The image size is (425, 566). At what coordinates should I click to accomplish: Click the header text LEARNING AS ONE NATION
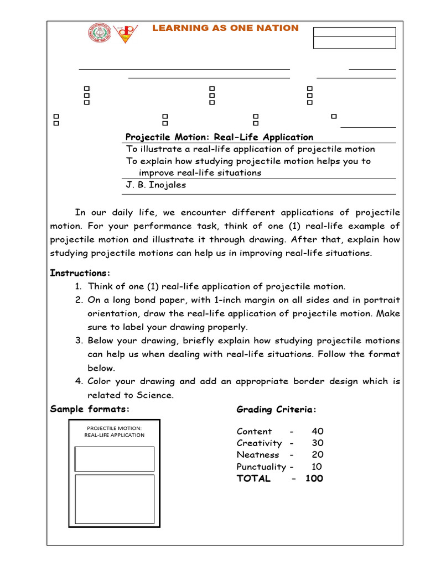[225, 28]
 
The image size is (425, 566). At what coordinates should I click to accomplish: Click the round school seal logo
[99, 33]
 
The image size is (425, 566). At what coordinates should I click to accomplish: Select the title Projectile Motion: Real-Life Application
[219, 137]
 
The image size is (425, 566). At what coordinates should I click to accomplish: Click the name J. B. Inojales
[156, 185]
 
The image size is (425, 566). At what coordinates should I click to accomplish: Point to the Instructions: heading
[80, 273]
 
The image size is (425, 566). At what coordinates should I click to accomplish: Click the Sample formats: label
[89, 409]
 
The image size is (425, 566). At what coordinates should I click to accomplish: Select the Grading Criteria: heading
[277, 410]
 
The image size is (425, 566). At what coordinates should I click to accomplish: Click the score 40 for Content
[317, 431]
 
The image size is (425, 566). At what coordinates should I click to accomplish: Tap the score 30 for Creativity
[317, 443]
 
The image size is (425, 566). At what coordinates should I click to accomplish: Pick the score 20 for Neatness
[317, 454]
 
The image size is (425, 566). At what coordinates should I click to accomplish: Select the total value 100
[314, 479]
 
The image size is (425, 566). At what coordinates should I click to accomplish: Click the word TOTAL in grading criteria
[253, 479]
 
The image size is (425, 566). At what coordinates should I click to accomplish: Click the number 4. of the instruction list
[79, 381]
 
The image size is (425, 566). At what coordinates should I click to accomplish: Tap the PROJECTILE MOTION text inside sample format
[114, 428]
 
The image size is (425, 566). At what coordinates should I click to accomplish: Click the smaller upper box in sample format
[114, 459]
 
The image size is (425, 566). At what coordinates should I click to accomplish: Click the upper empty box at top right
[354, 32]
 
